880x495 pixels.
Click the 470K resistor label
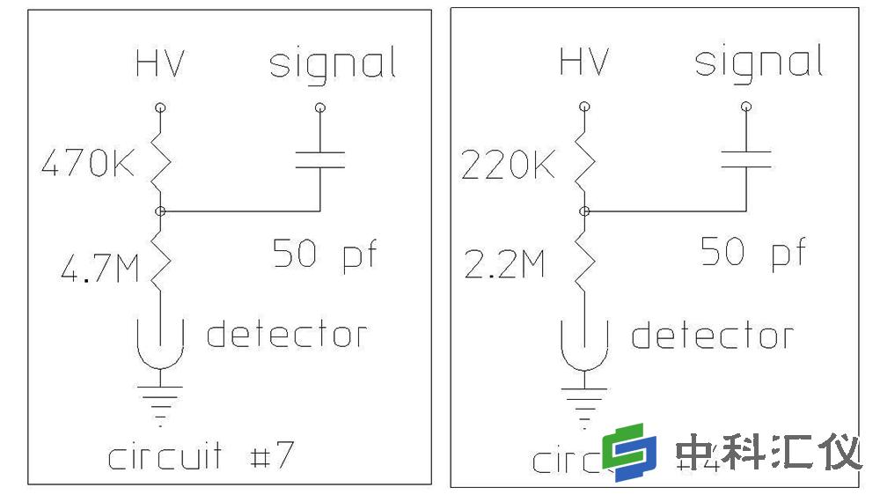click(x=88, y=165)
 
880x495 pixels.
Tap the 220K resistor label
click(x=508, y=165)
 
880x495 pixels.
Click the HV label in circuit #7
click(x=160, y=64)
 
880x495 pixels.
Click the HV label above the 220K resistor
click(x=584, y=63)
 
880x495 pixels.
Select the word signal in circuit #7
click(x=332, y=64)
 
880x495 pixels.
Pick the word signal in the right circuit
click(x=759, y=63)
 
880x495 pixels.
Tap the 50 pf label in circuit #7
click(x=324, y=254)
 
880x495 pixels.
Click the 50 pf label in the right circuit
click(x=752, y=254)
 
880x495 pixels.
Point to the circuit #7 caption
click(x=200, y=457)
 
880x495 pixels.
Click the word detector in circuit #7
click(x=286, y=335)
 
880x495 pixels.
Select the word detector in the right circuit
click(x=712, y=336)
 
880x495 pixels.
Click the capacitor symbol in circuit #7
click(x=319, y=159)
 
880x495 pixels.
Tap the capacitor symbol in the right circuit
click(x=746, y=159)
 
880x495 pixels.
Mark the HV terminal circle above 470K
click(x=160, y=107)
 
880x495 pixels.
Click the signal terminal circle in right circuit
click(x=746, y=107)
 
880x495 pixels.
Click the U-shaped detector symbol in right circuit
click(x=584, y=345)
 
